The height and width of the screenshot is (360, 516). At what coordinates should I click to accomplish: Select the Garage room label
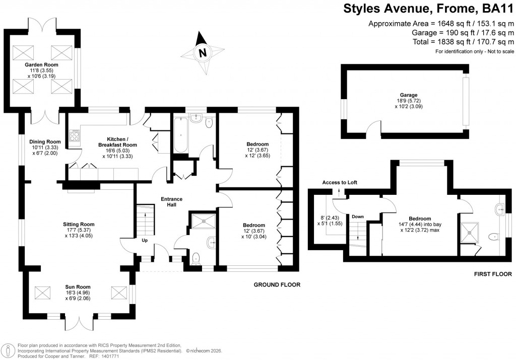click(x=408, y=95)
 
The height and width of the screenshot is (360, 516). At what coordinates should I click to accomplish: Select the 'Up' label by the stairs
click(x=145, y=240)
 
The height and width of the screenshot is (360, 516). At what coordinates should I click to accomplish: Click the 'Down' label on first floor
click(x=358, y=217)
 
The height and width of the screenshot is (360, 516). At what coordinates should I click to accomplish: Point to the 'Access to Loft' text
click(x=341, y=182)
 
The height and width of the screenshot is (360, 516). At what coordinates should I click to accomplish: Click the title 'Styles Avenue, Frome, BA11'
click(x=428, y=9)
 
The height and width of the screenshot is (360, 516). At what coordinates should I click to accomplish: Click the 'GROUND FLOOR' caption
click(x=277, y=285)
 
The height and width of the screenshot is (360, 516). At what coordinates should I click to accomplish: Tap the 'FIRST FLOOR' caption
click(x=493, y=274)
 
